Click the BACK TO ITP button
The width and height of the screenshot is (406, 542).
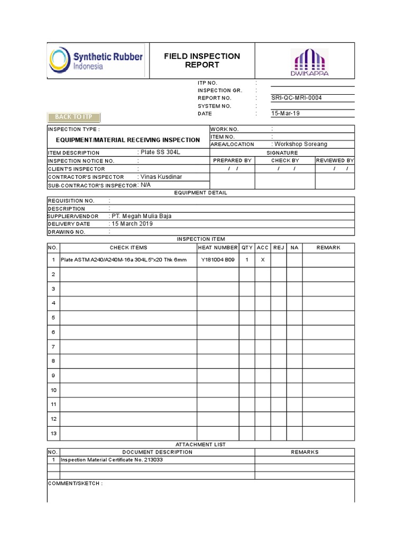pos(74,117)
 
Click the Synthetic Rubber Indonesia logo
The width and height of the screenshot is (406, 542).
pos(96,60)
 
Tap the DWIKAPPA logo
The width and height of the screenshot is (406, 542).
pos(309,62)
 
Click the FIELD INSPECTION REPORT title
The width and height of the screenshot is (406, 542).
pos(202,60)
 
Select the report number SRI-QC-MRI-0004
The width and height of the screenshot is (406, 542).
pos(296,98)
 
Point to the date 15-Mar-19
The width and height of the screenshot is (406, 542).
pos(285,113)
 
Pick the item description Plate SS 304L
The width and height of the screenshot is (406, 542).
pos(158,152)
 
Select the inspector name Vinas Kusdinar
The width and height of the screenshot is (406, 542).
pos(161,177)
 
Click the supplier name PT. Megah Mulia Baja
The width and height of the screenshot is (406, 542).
pos(142,216)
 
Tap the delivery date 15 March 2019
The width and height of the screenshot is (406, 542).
pos(132,224)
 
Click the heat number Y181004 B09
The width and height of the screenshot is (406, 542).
pos(218,260)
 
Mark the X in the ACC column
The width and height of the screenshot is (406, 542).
pos(263,260)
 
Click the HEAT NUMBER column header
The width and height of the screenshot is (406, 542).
pos(218,248)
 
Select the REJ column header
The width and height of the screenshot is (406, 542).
pos(279,248)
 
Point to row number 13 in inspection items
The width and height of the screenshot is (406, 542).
pos(53,433)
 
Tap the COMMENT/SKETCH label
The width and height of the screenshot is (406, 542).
pos(75,484)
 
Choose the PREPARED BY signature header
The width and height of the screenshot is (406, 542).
pos(232,160)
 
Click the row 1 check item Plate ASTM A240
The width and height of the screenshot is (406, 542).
pos(124,260)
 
